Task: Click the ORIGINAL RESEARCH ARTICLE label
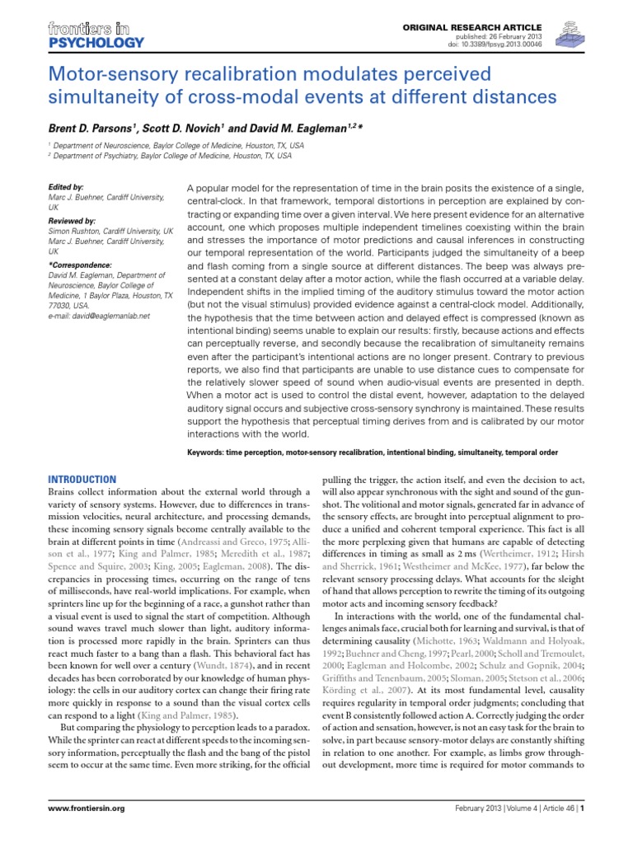[476, 27]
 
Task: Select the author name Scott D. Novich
[181, 129]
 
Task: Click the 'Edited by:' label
[67, 188]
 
